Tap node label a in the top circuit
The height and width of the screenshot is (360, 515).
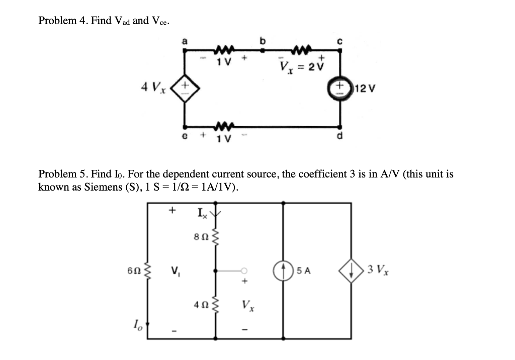click(184, 43)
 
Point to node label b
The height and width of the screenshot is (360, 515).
click(262, 41)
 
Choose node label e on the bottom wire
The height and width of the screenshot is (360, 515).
click(185, 135)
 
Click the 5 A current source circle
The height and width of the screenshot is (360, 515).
click(283, 271)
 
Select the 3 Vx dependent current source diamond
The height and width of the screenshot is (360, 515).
click(351, 271)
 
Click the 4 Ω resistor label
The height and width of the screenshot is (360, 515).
click(200, 305)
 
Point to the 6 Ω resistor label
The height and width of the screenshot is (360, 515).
click(133, 271)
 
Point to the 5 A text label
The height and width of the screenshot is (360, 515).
click(304, 271)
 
